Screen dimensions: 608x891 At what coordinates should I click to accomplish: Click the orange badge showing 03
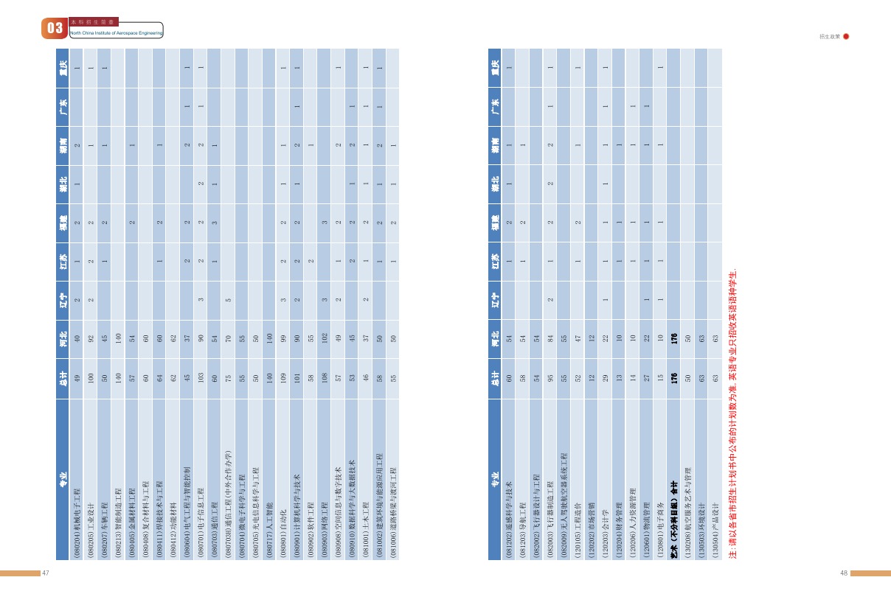coord(55,29)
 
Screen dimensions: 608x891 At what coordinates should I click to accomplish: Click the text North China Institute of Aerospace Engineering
coord(116,33)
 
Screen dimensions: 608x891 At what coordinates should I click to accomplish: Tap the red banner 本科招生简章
coord(93,22)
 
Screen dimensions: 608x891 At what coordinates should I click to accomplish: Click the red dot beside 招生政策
coord(846,36)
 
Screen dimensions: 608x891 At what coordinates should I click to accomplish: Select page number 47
coord(46,573)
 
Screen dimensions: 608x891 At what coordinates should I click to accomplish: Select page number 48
coord(844,573)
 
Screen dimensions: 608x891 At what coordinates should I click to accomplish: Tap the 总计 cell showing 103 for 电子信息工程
coord(201,378)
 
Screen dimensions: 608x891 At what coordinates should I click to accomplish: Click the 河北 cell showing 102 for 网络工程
coord(325,339)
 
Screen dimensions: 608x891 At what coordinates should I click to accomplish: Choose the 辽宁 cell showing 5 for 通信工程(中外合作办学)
coord(228,300)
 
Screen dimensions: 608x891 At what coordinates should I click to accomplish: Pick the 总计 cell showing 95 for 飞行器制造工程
coord(550,378)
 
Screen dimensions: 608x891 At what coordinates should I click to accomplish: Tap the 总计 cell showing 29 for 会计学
coord(605,378)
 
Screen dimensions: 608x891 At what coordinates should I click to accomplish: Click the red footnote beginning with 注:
coord(733,413)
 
